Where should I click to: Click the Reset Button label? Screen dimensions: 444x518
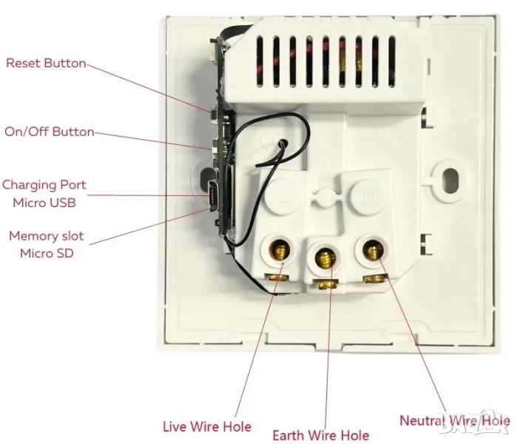[x=46, y=63]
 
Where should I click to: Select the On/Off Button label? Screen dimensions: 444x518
[x=50, y=132]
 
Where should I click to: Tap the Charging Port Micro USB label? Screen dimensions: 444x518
[x=44, y=192]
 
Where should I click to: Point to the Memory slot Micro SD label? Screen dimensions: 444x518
[x=46, y=244]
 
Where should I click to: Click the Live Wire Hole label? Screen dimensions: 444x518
[x=206, y=426]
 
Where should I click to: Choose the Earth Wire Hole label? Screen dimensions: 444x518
[x=320, y=435]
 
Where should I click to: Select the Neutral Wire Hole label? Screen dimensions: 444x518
[x=454, y=420]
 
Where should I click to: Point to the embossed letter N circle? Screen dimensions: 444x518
[x=368, y=197]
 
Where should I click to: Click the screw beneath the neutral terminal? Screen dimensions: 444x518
[x=377, y=278]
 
